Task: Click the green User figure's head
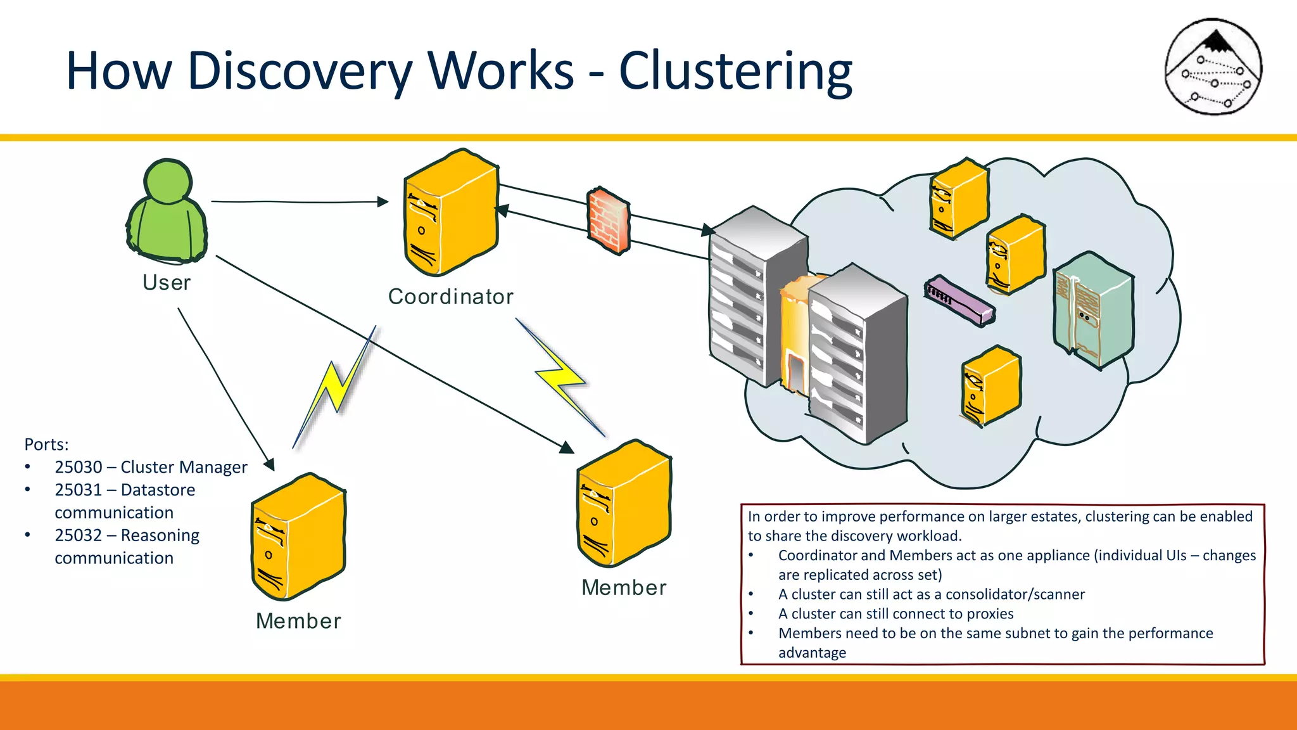tap(168, 181)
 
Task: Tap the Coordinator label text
tap(450, 297)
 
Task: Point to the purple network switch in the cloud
tap(959, 302)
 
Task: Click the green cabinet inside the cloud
tap(1093, 311)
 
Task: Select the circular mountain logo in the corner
tap(1213, 66)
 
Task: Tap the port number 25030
tap(79, 467)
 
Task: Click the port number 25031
tap(79, 490)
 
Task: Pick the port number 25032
tap(79, 535)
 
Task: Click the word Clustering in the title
tap(735, 71)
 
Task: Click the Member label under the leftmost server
tap(298, 621)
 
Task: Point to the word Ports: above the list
tap(46, 444)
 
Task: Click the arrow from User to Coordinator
tap(298, 202)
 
